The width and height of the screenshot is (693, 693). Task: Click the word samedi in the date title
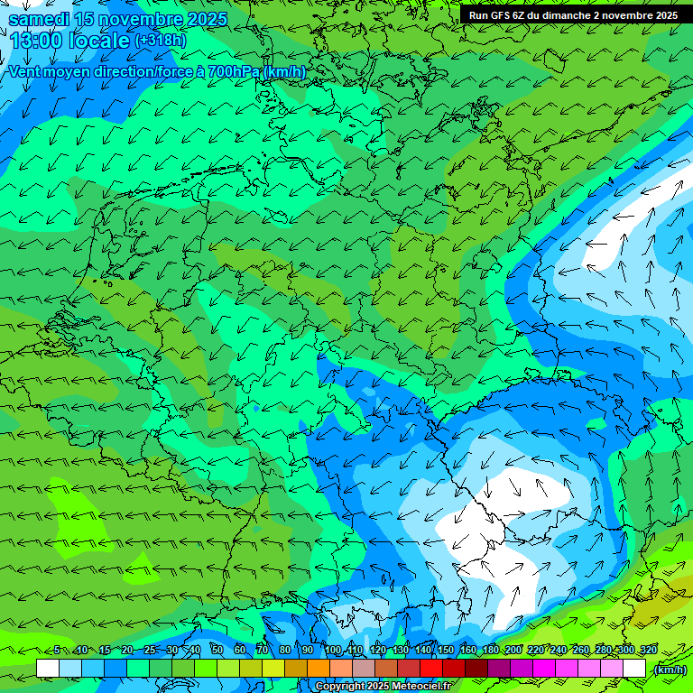click(39, 19)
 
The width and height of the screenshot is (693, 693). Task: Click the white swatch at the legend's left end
click(48, 669)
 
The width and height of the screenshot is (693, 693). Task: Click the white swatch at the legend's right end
click(634, 669)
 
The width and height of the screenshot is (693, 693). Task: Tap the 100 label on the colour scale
click(333, 651)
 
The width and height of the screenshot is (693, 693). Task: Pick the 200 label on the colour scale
click(513, 651)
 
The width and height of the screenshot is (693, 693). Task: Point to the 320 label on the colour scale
click(649, 651)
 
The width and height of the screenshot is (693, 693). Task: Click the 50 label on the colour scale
click(217, 651)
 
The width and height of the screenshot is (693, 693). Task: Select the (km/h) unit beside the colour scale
click(670, 670)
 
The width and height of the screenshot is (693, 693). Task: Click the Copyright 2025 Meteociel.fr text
click(383, 687)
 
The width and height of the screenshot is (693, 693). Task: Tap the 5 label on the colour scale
click(57, 651)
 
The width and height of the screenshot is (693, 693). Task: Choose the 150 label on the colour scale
click(446, 651)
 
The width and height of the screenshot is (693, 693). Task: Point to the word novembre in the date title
click(139, 19)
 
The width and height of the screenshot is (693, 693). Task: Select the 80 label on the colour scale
click(285, 651)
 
